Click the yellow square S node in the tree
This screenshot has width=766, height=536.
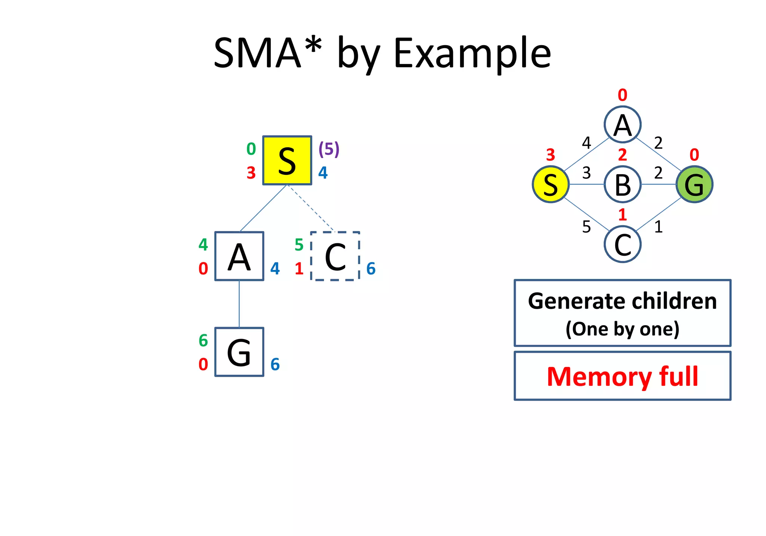coord(287,160)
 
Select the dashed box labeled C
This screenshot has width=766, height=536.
coord(335,256)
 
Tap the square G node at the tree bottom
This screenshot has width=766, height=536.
coord(239,352)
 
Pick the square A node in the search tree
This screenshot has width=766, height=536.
coord(239,256)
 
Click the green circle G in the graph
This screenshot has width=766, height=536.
coord(694,184)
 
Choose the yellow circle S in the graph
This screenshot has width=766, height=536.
coord(551,184)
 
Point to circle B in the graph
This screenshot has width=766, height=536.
coord(622,184)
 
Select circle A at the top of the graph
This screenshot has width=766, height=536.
coord(622,124)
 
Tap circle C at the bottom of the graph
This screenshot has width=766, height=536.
coord(622,244)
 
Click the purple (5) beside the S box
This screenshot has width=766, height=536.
coord(329,149)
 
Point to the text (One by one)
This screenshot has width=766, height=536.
coord(622,329)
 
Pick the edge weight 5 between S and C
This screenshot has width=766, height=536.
coord(586,227)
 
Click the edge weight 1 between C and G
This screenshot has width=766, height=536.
coord(658,227)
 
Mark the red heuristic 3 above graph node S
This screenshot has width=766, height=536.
coord(550,155)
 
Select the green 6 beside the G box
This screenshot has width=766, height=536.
coord(203,341)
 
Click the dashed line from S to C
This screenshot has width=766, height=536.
coord(310,208)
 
